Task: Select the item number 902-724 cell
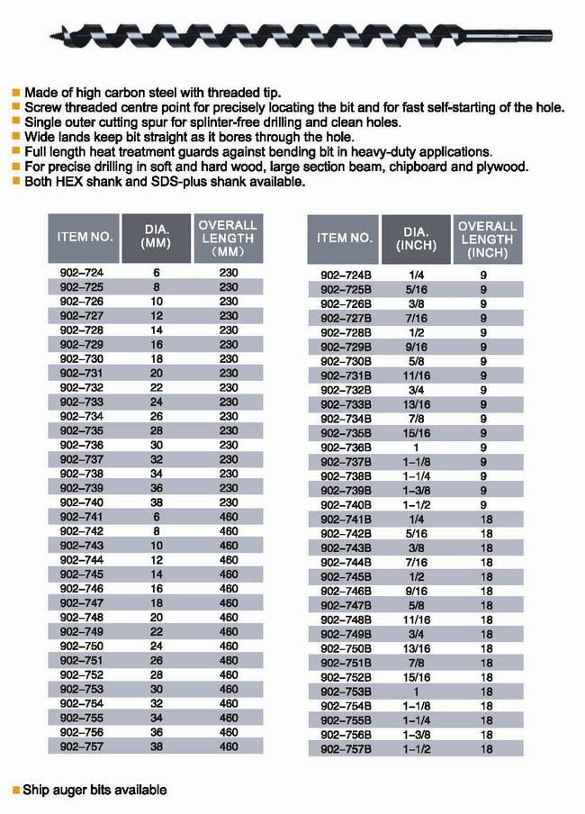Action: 81,272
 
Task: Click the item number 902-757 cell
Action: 81,746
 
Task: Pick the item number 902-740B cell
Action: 346,505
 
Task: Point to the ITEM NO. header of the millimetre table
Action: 85,239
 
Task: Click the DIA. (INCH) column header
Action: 416,239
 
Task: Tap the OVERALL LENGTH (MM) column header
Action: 228,239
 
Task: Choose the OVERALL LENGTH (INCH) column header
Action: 487,239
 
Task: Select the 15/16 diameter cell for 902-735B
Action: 416,433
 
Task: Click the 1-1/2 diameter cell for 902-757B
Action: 416,748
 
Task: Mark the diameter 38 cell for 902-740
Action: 157,502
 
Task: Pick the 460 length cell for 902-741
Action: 229,517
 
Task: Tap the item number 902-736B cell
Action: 346,448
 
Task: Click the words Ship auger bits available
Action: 94,790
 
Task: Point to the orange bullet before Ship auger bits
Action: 15,791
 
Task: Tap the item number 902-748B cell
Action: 346,620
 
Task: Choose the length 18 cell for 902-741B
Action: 487,520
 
